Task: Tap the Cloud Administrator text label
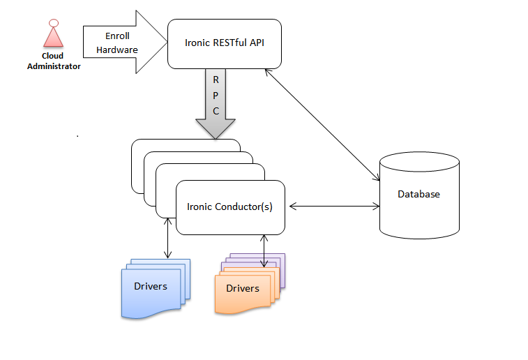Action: pos(54,61)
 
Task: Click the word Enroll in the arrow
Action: pos(116,36)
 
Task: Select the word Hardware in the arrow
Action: pos(116,50)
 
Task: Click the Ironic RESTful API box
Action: pos(224,43)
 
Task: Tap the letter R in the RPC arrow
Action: pos(216,80)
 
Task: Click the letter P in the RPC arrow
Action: pos(216,95)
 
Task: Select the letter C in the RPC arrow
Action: pos(216,110)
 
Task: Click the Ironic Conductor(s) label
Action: pos(229,207)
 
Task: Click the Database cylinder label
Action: pos(418,194)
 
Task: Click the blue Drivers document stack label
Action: pos(150,286)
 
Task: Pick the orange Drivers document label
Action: pos(242,288)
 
